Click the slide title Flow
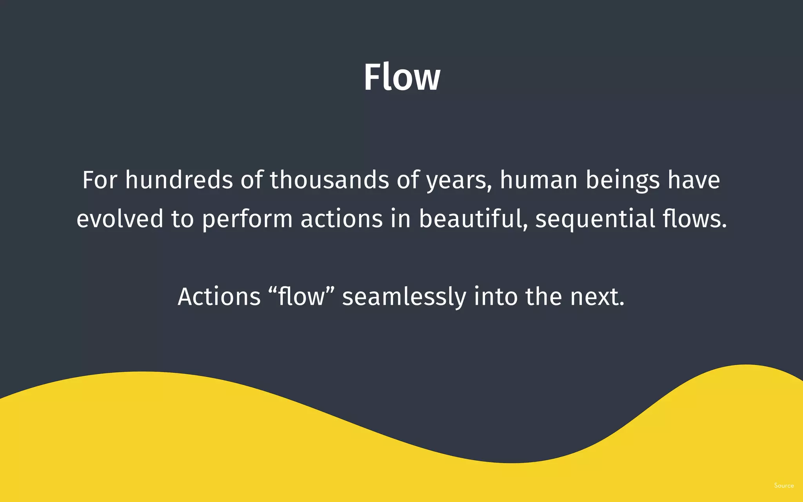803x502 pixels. coord(402,77)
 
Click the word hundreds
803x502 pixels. coord(179,180)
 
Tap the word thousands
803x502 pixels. coord(329,180)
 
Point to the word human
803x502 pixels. coord(538,180)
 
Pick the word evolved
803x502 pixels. coord(120,218)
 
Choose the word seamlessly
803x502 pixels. coord(404,297)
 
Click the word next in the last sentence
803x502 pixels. coord(596,297)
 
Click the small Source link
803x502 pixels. coord(784,486)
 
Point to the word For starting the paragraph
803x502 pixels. coord(100,180)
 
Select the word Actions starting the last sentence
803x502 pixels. coord(219,296)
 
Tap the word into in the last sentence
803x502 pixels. coord(496,296)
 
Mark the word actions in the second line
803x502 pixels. coord(342,218)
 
